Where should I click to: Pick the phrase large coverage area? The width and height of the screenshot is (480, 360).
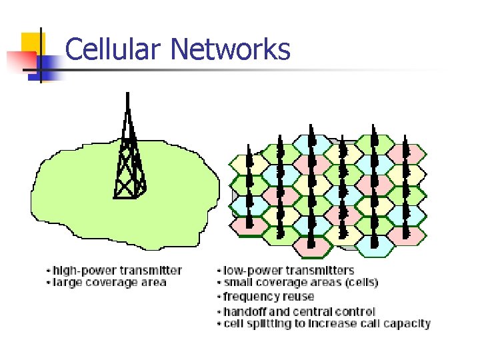(x=109, y=282)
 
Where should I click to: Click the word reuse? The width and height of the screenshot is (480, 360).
(x=298, y=297)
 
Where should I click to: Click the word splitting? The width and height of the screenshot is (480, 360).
(x=267, y=323)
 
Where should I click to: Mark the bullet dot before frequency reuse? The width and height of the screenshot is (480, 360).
(x=219, y=297)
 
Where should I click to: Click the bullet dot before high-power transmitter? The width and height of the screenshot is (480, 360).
(x=48, y=271)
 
